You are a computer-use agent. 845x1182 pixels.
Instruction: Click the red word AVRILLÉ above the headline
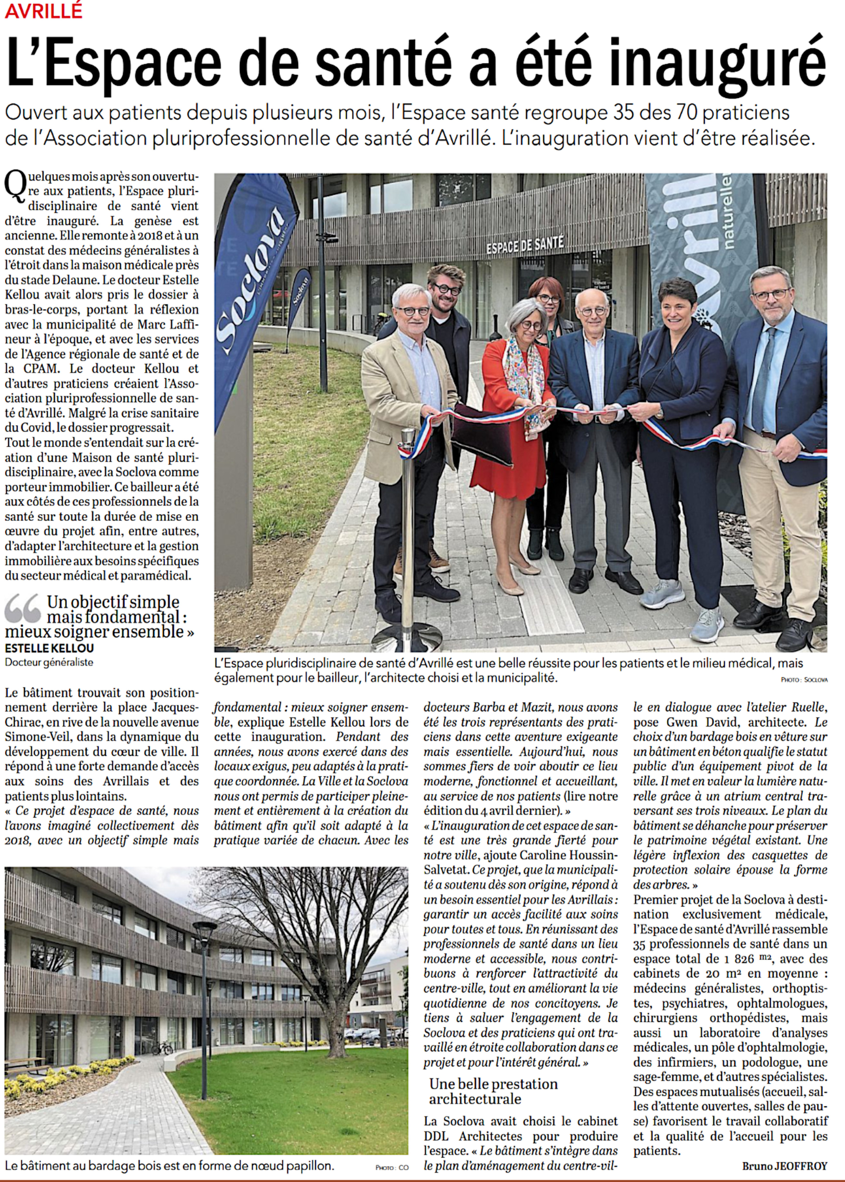click(44, 11)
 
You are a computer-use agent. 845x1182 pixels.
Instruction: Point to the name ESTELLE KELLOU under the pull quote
click(49, 648)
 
